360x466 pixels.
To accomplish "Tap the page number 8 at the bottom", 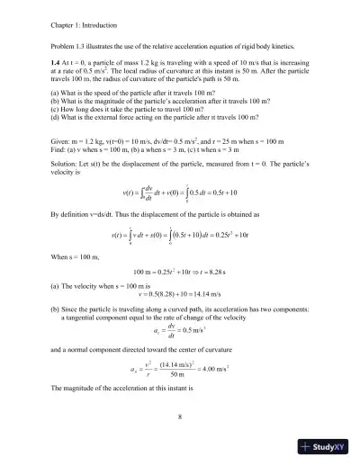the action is click(x=180, y=416).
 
